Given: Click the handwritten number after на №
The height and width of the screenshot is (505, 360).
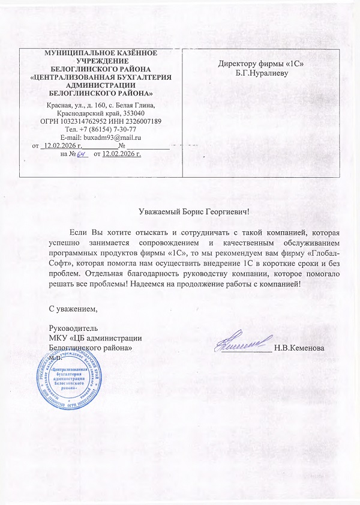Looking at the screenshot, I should tap(83, 155).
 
